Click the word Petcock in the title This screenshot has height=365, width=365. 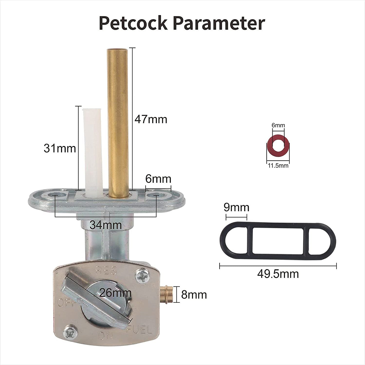pos(133,23)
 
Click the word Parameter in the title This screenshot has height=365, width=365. pos(219,23)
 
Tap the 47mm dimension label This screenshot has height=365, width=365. pos(151,119)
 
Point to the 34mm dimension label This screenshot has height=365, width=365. pos(106,225)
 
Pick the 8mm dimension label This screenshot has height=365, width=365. pos(194,295)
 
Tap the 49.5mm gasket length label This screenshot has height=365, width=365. pos(278,274)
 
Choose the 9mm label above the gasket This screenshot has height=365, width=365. pos(236,207)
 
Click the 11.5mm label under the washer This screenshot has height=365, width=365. pos(278,166)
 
